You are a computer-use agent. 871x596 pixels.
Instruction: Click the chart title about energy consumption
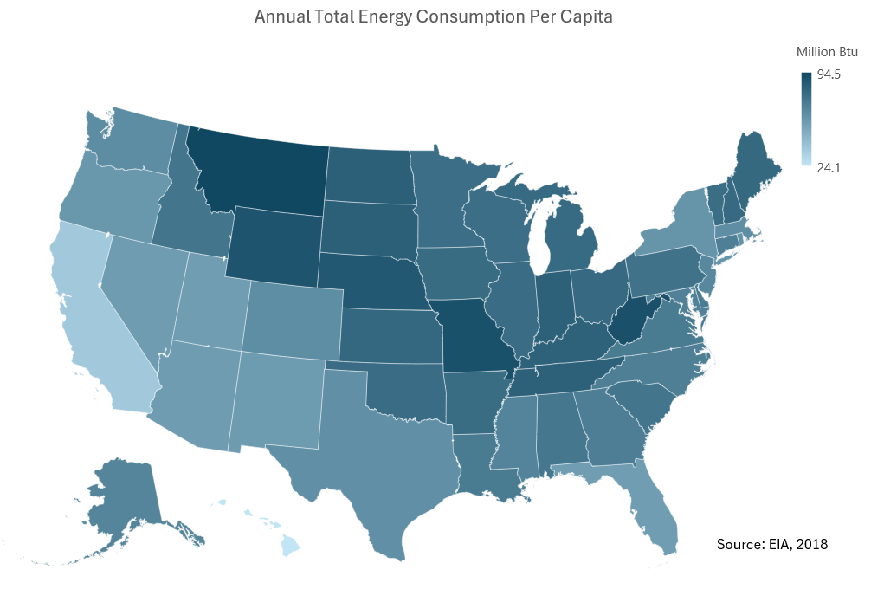[434, 17]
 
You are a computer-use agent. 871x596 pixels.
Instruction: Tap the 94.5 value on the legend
[829, 75]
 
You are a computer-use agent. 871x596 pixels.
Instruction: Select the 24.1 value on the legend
[829, 167]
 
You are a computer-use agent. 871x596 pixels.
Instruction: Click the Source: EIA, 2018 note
[772, 544]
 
